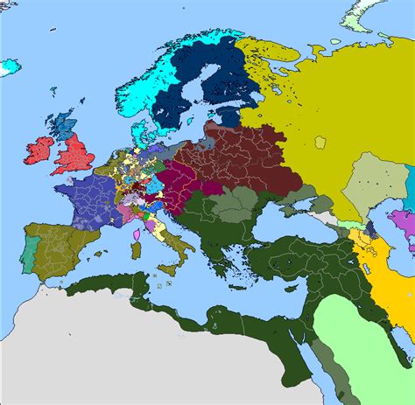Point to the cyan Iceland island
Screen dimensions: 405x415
coord(10,66)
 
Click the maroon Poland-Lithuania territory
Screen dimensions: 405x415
coord(245,157)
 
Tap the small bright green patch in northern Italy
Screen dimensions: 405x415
coord(148,213)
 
